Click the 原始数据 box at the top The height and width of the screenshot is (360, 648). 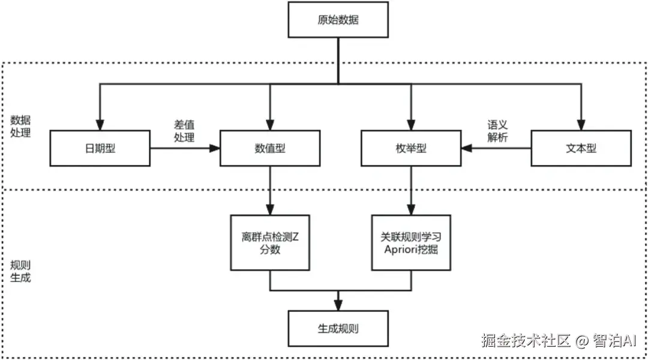(x=338, y=19)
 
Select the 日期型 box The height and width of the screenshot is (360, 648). (x=100, y=148)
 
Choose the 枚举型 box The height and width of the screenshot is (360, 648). (x=411, y=148)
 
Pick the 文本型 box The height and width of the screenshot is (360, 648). (x=581, y=148)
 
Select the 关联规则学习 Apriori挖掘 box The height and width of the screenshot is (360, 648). (x=411, y=242)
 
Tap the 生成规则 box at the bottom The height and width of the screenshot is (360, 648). (x=338, y=329)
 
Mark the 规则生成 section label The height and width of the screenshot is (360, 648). (x=21, y=271)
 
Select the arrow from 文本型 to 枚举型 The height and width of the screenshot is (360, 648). (x=496, y=148)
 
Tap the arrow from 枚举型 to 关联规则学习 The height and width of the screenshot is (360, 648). (x=411, y=189)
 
